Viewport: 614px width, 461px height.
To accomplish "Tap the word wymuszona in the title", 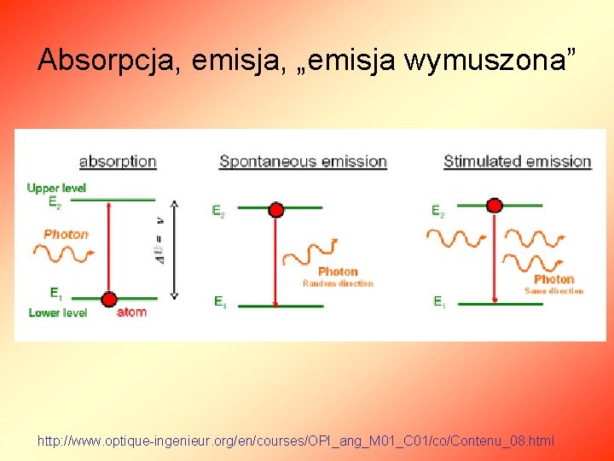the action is point(487,60).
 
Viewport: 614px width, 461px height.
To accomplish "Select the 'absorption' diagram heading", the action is point(118,160).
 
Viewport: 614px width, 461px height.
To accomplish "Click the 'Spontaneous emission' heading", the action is point(303,160).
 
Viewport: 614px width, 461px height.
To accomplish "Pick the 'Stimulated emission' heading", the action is point(517,160).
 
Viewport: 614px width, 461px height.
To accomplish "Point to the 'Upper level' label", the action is point(56,188).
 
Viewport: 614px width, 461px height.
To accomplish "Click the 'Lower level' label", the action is point(57,313).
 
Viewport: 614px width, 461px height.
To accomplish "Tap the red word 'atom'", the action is point(131,312).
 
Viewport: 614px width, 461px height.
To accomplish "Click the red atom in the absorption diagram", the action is point(109,299).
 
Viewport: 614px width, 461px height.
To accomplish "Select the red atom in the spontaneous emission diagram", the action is point(275,209).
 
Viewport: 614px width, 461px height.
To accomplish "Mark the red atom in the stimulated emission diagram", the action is point(495,205).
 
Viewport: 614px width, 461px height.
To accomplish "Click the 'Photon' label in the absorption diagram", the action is point(66,234).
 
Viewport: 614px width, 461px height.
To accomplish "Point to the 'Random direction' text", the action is point(338,283).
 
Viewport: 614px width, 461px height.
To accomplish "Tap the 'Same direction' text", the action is point(553,291).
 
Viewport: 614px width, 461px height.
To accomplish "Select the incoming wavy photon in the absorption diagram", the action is point(63,252).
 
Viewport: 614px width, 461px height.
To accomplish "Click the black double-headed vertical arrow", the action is point(175,249).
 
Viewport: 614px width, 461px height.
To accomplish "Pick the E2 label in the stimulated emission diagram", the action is point(437,211).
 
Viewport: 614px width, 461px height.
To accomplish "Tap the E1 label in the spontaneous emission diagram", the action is point(219,302).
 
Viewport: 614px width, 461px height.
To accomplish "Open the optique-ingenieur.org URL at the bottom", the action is point(295,441).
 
